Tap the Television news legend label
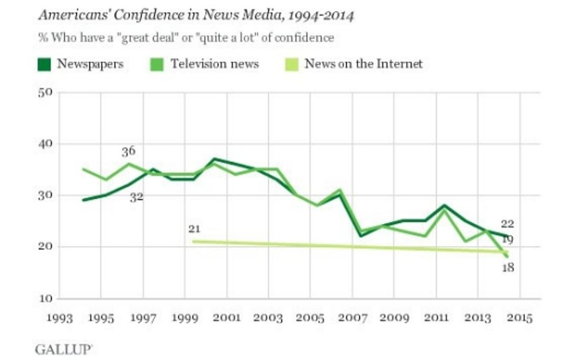[x=215, y=64]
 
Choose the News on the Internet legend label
[x=363, y=64]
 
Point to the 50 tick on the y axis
[x=46, y=92]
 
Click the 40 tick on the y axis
[x=46, y=144]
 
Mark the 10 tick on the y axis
[x=46, y=298]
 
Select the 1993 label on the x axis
[x=60, y=318]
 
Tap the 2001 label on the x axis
[x=226, y=318]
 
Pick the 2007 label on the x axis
[x=351, y=318]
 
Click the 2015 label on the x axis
[x=518, y=318]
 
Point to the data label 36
[x=128, y=152]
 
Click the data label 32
[x=136, y=198]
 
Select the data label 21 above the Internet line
[x=195, y=228]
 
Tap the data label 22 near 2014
[x=508, y=224]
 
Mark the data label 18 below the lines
[x=508, y=268]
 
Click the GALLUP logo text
[x=63, y=349]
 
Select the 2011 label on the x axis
[x=435, y=318]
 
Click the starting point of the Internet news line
[x=194, y=241]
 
